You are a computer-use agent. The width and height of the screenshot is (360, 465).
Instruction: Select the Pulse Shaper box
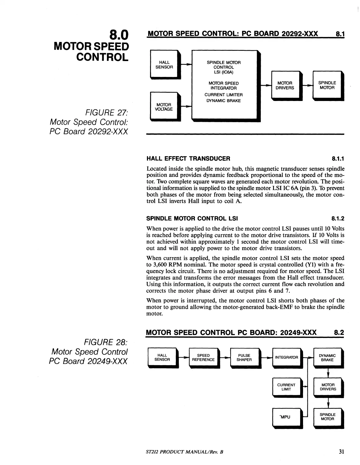tap(244, 358)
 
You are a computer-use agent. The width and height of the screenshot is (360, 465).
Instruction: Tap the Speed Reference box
tap(203, 358)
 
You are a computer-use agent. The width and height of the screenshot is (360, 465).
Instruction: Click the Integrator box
tap(286, 358)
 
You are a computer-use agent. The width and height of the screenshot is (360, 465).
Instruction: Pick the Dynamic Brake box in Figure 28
tap(327, 358)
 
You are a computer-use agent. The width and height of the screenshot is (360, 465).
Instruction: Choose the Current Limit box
tap(286, 387)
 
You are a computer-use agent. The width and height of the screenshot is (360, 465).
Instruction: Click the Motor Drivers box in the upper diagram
tap(285, 85)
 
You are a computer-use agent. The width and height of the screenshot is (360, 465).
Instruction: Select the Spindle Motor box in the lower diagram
tap(327, 417)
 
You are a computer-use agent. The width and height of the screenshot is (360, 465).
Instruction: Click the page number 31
tap(341, 452)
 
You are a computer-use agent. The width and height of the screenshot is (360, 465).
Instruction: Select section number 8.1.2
tap(338, 218)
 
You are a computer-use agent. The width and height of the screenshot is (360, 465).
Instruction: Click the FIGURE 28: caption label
tap(106, 342)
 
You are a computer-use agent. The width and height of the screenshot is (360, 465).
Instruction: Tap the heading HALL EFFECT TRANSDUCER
tap(188, 159)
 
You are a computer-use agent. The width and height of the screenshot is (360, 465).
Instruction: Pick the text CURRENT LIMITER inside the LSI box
tap(223, 95)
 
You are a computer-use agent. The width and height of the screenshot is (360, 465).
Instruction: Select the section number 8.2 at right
tap(339, 333)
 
